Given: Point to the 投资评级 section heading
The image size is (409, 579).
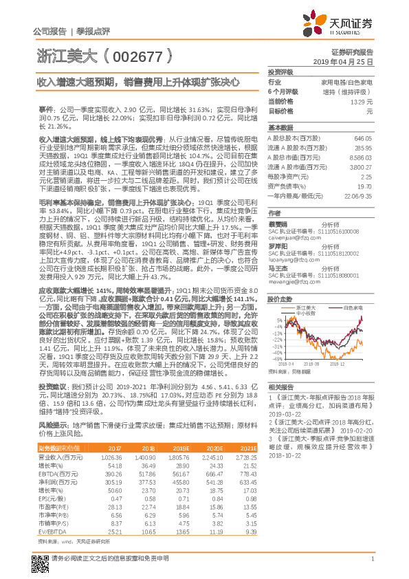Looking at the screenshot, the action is [x=280, y=72].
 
